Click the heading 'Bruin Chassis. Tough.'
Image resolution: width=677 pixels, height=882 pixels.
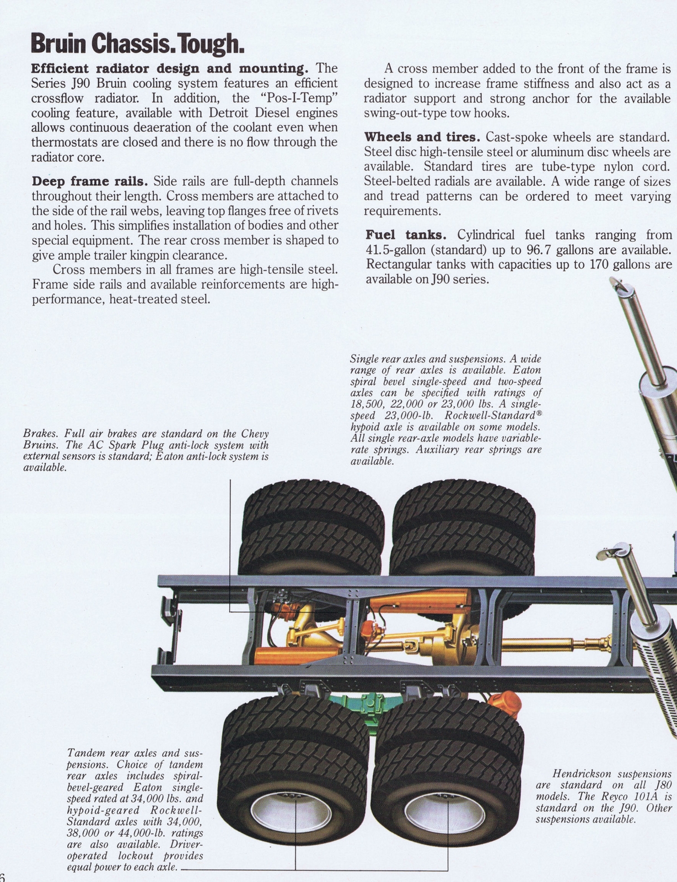click(137, 44)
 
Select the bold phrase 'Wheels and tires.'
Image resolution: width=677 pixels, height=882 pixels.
click(422, 137)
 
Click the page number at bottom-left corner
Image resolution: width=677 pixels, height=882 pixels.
click(2, 878)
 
